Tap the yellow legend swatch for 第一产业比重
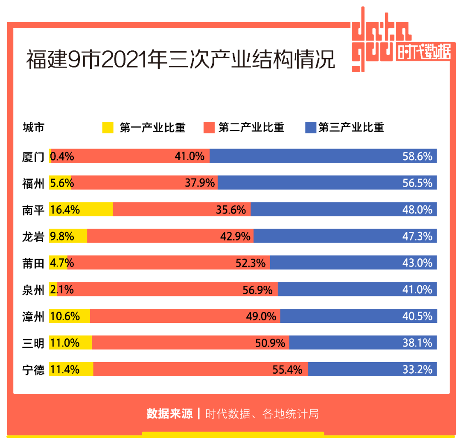pyautogui.click(x=108, y=127)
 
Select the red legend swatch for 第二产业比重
pyautogui.click(x=209, y=127)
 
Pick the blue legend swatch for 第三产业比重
pyautogui.click(x=310, y=127)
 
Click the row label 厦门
pyautogui.click(x=33, y=157)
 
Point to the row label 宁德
pyautogui.click(x=33, y=369)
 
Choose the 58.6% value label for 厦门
pyautogui.click(x=417, y=157)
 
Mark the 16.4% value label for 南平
pyautogui.click(x=65, y=210)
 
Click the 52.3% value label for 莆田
pyautogui.click(x=251, y=263)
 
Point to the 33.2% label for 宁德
pyautogui.click(x=417, y=369)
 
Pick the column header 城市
pyautogui.click(x=33, y=127)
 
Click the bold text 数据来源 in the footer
pyautogui.click(x=169, y=414)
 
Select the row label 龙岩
pyautogui.click(x=33, y=236)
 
